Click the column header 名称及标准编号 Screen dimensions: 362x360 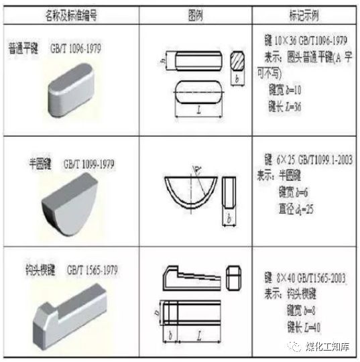[70, 13]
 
